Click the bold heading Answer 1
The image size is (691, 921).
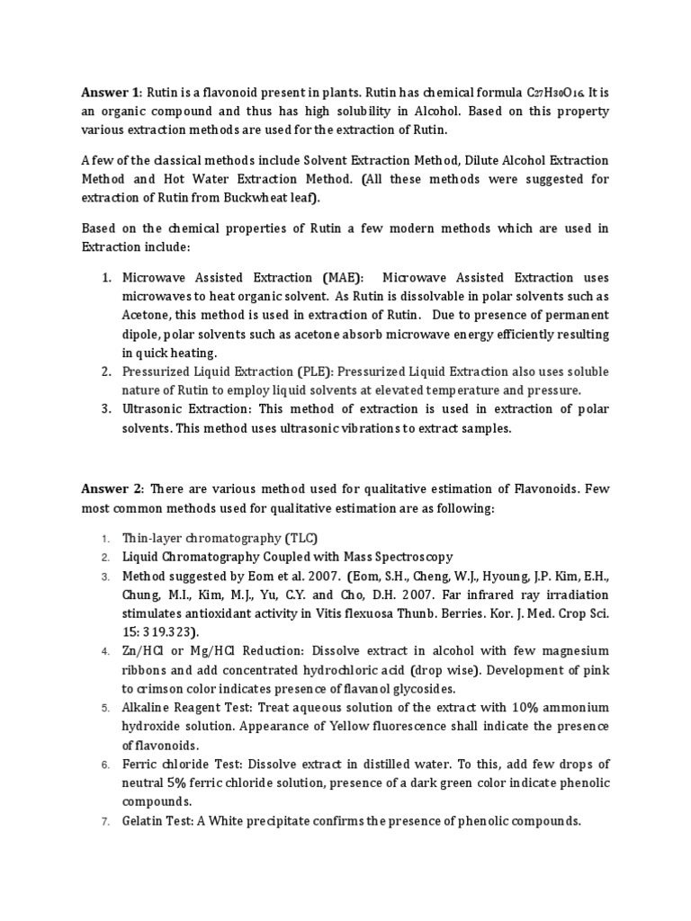(111, 93)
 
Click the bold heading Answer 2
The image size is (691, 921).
(111, 488)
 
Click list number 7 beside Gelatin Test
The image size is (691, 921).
(105, 821)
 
